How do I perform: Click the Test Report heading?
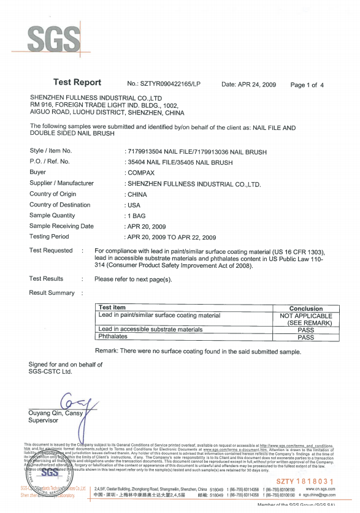click(77, 83)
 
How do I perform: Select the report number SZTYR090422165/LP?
click(164, 84)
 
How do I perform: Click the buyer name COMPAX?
click(141, 173)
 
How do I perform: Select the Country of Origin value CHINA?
click(137, 194)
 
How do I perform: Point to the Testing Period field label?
click(49, 237)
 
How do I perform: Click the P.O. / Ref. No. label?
click(50, 162)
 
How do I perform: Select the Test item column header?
click(112, 308)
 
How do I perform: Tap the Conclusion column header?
click(305, 308)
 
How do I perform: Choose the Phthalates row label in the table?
click(113, 337)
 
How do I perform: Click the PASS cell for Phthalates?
click(305, 337)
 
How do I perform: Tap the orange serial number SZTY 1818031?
click(305, 481)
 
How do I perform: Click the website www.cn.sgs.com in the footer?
click(320, 488)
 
